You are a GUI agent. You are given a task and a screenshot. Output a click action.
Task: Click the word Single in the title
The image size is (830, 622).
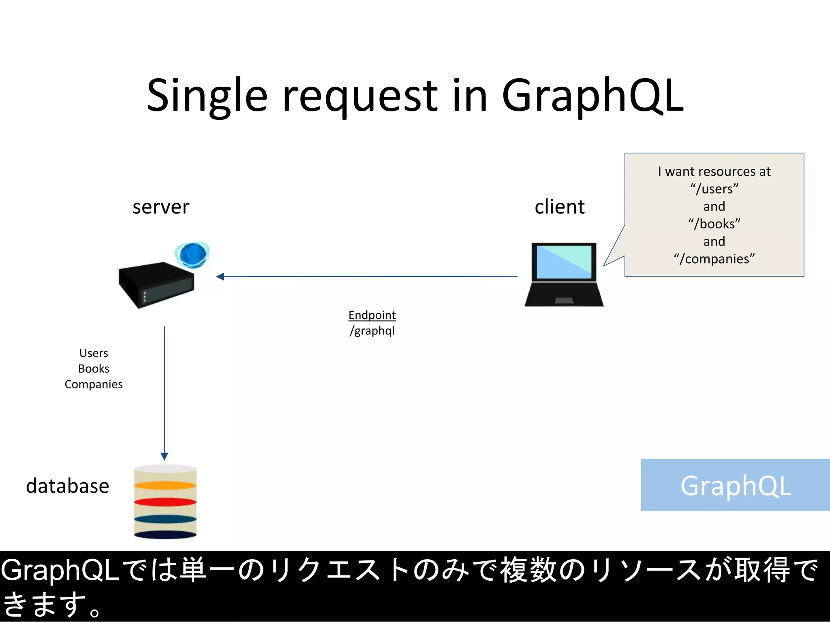207,96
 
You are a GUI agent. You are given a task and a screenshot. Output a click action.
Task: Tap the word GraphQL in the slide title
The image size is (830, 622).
593,96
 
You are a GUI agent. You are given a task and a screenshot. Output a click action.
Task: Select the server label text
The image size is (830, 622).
161,207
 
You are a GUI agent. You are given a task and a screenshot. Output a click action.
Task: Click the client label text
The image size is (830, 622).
559,207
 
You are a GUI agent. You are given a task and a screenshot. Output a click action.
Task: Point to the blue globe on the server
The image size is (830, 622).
193,255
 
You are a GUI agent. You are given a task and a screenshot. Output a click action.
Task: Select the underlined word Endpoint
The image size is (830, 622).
372,315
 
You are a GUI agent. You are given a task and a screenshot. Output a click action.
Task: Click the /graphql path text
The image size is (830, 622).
372,331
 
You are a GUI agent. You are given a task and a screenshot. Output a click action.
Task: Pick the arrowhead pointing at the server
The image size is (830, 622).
220,277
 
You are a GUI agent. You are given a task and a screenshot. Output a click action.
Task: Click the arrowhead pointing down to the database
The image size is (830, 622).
164,456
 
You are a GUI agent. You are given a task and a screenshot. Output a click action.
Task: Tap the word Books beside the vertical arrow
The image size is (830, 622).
94,369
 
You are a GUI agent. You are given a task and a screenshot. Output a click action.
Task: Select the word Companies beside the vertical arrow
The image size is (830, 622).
94,384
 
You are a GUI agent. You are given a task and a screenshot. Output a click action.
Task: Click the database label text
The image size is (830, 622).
68,486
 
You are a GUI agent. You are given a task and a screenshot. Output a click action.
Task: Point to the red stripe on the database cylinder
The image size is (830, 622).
165,502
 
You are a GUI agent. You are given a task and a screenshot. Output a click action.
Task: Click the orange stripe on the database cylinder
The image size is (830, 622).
165,485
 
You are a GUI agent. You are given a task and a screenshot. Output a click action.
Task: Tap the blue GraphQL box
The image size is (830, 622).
735,485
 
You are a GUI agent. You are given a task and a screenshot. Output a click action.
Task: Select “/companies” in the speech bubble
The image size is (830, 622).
714,259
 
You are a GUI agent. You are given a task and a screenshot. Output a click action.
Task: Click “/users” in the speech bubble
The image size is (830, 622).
714,189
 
